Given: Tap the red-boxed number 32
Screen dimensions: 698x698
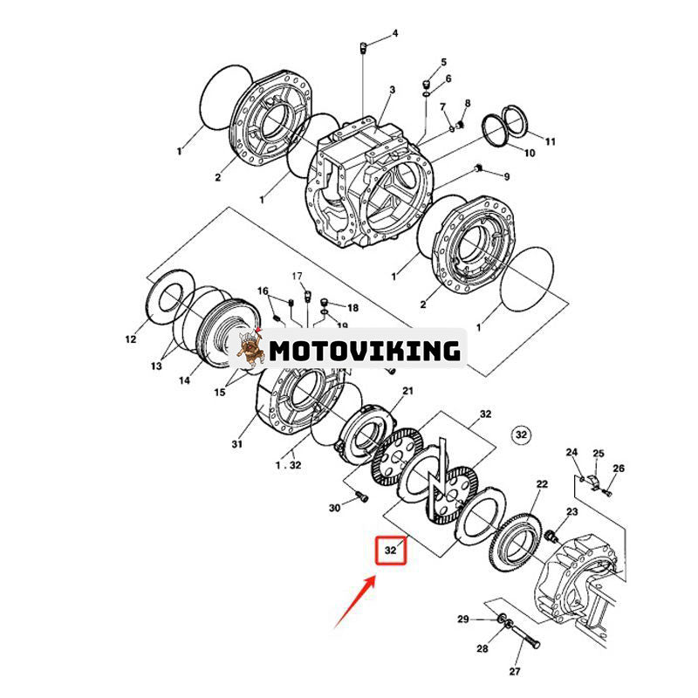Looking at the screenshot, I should point(391,551).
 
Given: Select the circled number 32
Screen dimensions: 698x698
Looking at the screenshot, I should point(521,435).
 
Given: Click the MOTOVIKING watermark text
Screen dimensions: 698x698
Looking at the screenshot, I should point(364,351).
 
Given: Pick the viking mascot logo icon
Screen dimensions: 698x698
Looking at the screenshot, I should point(250,349).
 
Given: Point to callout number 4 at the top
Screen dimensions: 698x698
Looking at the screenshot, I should point(394,33).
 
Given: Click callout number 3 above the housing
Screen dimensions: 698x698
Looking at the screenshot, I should point(392,90).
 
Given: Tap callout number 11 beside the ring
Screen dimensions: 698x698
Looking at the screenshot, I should point(550,140).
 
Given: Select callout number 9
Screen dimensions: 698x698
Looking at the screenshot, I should point(505,177).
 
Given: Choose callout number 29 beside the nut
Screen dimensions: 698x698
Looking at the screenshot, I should point(464,619).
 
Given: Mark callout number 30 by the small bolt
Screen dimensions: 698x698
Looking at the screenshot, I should point(334,508).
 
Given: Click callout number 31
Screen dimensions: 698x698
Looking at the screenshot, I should point(236,444).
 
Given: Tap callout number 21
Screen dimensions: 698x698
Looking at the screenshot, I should point(407,392).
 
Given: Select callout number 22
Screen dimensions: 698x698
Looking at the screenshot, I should point(542,484).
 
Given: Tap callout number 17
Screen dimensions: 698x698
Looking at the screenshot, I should point(296,276).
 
